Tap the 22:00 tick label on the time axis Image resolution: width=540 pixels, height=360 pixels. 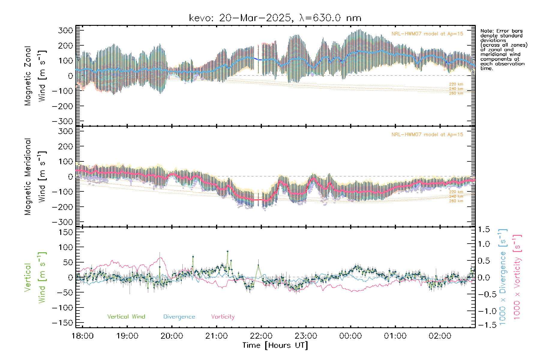261,336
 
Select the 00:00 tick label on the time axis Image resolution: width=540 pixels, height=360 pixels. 350,336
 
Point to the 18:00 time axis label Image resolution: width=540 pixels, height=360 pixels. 82,336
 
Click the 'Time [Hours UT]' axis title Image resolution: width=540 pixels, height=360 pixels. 275,345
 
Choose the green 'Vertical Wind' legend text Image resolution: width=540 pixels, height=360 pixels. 126,316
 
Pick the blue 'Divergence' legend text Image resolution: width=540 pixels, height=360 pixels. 179,316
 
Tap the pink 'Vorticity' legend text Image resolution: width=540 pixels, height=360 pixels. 223,316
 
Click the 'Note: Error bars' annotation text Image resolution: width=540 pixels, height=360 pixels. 502,31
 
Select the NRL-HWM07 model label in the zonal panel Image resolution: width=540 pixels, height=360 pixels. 427,34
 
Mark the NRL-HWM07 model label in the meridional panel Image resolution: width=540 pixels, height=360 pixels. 427,135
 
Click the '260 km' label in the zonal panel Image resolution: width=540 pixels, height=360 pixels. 456,93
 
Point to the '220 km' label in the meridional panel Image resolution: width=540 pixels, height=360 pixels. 456,192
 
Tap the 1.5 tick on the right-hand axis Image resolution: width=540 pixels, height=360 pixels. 484,229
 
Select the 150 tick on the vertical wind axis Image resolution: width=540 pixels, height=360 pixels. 66,232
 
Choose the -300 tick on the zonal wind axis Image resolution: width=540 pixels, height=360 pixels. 62,121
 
